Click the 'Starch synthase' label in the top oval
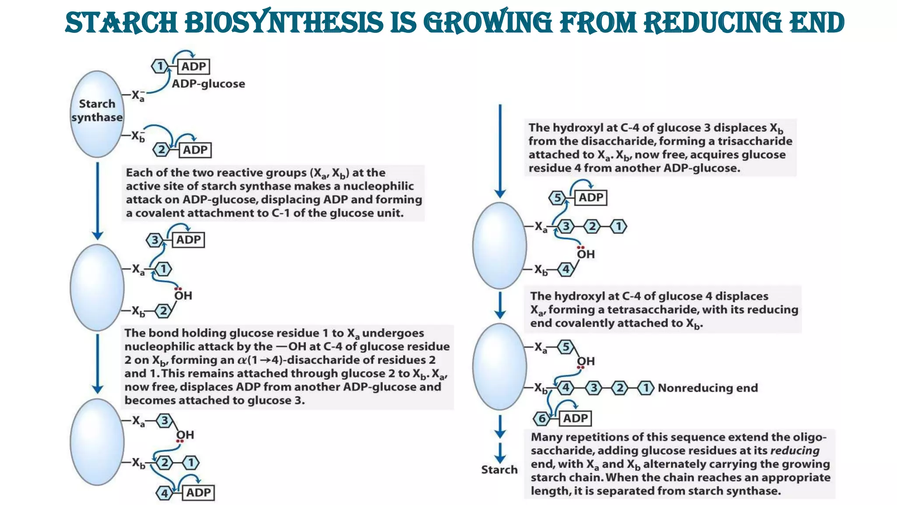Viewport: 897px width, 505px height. [x=97, y=110]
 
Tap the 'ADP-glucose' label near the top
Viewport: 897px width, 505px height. [x=208, y=84]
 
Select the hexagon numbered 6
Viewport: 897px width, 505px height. [x=542, y=419]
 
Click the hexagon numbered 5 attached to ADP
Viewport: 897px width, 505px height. [x=557, y=198]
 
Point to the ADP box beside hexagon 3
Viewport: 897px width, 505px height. [x=188, y=240]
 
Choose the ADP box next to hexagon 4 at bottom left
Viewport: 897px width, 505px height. [x=198, y=493]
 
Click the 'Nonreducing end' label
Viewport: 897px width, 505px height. [x=707, y=388]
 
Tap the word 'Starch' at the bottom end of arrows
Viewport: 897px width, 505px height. [x=499, y=469]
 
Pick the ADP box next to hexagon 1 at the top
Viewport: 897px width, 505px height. [x=194, y=67]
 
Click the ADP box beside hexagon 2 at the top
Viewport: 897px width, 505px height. [x=195, y=150]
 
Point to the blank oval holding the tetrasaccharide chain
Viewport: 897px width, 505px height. [x=499, y=366]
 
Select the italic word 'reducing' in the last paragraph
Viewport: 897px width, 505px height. [x=795, y=451]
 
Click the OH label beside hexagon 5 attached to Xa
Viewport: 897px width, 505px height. [x=586, y=361]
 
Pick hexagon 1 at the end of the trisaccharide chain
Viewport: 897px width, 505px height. [x=618, y=227]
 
